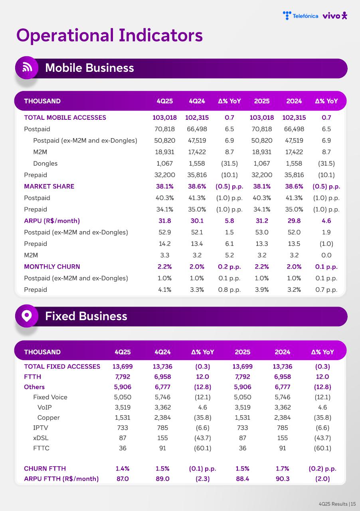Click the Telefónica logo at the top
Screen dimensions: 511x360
pos(300,16)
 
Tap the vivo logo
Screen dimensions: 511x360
pos(335,16)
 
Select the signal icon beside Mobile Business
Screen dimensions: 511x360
pos(27,67)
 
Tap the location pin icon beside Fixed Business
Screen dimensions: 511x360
pos(27,316)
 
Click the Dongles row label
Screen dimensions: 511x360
pos(45,163)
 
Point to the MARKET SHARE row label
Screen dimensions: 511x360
pos(49,186)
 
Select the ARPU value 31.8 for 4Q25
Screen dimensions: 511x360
pos(164,221)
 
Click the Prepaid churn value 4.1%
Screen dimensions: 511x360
pos(164,289)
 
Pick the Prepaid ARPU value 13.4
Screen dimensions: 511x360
pos(197,244)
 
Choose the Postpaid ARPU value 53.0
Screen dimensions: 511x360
pos(261,232)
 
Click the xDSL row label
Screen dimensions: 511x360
pos(41,438)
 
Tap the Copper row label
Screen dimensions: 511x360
pos(48,418)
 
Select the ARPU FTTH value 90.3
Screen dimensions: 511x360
pos(283,479)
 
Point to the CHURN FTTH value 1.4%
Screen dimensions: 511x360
pos(123,468)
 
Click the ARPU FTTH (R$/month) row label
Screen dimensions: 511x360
pos(61,479)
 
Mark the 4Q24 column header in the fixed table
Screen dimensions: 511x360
pos(162,352)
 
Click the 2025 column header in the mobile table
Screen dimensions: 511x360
pos(261,101)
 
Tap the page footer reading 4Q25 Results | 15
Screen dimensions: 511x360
pos(337,504)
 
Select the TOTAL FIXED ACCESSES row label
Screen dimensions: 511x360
pos(62,366)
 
